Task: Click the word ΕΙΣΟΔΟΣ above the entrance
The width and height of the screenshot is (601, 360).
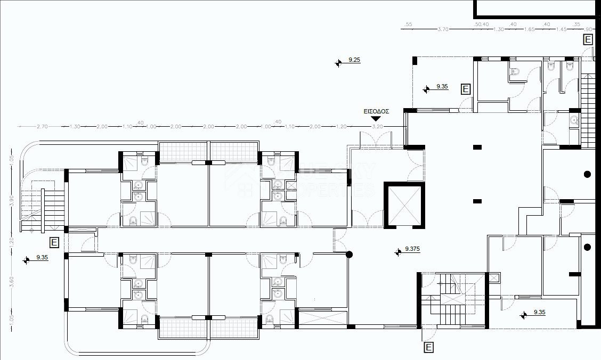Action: coord(376,112)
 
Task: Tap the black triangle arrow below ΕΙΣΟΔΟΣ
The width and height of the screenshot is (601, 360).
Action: coord(376,119)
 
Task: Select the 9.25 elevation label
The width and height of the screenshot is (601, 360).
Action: coord(354,60)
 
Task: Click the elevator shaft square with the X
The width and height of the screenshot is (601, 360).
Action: coord(403,205)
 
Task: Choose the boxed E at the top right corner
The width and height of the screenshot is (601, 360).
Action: coord(588,39)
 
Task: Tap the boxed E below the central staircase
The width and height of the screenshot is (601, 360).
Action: coord(429,348)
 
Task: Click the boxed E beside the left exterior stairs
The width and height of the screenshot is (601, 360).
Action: coord(54,243)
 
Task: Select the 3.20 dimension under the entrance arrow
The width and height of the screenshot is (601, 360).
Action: coord(377,127)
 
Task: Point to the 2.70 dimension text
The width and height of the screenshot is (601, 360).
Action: coord(43,127)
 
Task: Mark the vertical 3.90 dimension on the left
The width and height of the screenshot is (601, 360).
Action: coord(12,201)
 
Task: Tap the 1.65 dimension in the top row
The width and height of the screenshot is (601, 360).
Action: coord(530,29)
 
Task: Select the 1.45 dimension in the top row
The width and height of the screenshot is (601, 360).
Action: coord(561,29)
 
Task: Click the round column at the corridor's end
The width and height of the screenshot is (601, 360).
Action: coord(350,255)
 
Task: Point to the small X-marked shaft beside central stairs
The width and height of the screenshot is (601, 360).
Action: coord(494,277)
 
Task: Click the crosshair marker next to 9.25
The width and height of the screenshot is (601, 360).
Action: coord(339,63)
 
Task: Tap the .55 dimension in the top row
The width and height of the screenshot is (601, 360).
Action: coord(408,24)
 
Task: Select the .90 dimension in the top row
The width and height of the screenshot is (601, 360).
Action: coord(588,29)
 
